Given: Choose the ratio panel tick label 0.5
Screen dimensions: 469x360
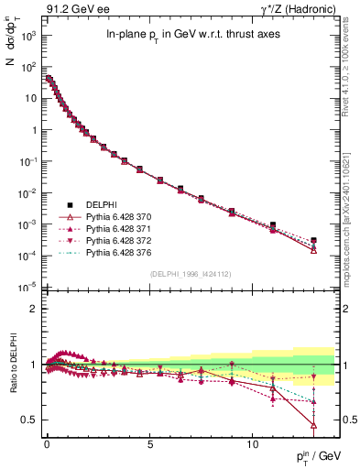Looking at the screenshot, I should [x=29, y=420].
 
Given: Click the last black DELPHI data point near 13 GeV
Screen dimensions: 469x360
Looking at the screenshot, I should [x=314, y=241].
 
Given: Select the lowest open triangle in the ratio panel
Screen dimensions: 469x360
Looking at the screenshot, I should [x=314, y=425].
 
